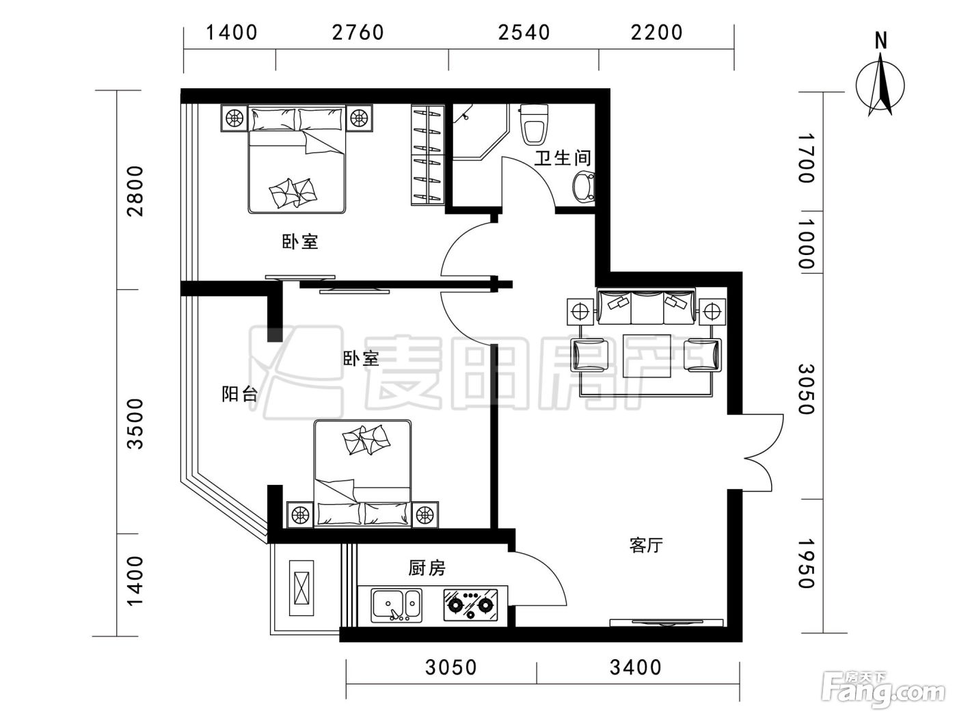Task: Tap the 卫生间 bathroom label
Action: click(563, 158)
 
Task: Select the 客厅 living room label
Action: click(646, 545)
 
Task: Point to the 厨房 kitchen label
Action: click(427, 568)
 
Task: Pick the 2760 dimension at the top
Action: click(358, 33)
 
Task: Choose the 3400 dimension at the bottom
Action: click(635, 667)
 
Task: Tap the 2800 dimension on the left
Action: click(135, 191)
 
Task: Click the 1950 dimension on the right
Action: click(806, 563)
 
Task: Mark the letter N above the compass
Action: click(880, 41)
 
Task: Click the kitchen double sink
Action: click(396, 605)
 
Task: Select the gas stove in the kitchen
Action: click(470, 604)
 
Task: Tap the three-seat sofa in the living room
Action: click(646, 306)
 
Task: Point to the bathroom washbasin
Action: click(583, 186)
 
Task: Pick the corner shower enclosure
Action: click(480, 131)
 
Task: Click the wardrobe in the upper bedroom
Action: click(427, 155)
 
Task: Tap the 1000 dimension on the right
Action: click(806, 243)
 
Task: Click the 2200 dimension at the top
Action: click(656, 33)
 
